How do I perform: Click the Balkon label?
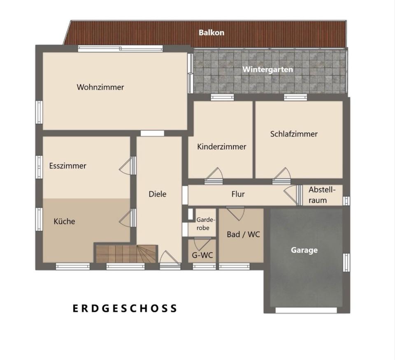(211, 32)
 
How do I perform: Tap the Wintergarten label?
(267, 69)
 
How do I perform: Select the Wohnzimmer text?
(100, 87)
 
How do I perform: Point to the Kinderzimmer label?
(221, 147)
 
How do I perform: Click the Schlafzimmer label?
(294, 134)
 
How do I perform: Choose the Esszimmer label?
(67, 166)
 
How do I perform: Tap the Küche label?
(65, 222)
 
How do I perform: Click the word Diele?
(158, 194)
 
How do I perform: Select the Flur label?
(238, 194)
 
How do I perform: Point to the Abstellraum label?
(322, 195)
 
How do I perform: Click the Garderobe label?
(203, 224)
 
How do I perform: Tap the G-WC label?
(202, 255)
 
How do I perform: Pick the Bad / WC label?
(243, 235)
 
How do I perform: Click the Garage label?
(304, 250)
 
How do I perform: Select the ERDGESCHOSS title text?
(125, 308)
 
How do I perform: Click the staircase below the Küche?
(126, 254)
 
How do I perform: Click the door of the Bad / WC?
(236, 213)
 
